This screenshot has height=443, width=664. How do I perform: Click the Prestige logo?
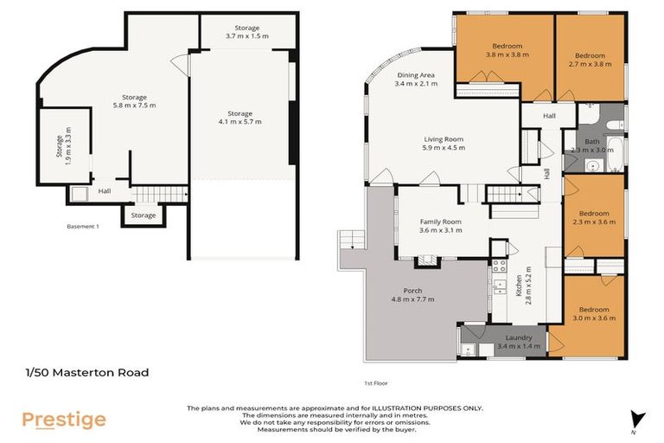point(64,420)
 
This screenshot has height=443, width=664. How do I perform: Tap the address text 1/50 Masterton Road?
point(86,373)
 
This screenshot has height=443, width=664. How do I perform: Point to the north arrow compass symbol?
point(638,419)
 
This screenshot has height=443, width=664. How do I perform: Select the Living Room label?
point(444,143)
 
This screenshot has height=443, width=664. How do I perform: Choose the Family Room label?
point(440,226)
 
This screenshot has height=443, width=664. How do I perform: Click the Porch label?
point(412,294)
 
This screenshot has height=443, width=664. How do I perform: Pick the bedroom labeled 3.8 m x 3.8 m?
point(506,50)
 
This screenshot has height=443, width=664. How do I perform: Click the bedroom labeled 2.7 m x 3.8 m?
point(590,59)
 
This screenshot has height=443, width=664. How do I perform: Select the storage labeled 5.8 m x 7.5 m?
point(135,101)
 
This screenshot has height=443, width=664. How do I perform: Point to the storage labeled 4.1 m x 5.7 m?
point(239,118)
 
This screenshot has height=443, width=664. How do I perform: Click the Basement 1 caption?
point(85,227)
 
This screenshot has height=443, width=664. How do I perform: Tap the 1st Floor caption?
point(374,382)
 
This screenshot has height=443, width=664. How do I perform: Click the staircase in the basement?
point(158,196)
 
